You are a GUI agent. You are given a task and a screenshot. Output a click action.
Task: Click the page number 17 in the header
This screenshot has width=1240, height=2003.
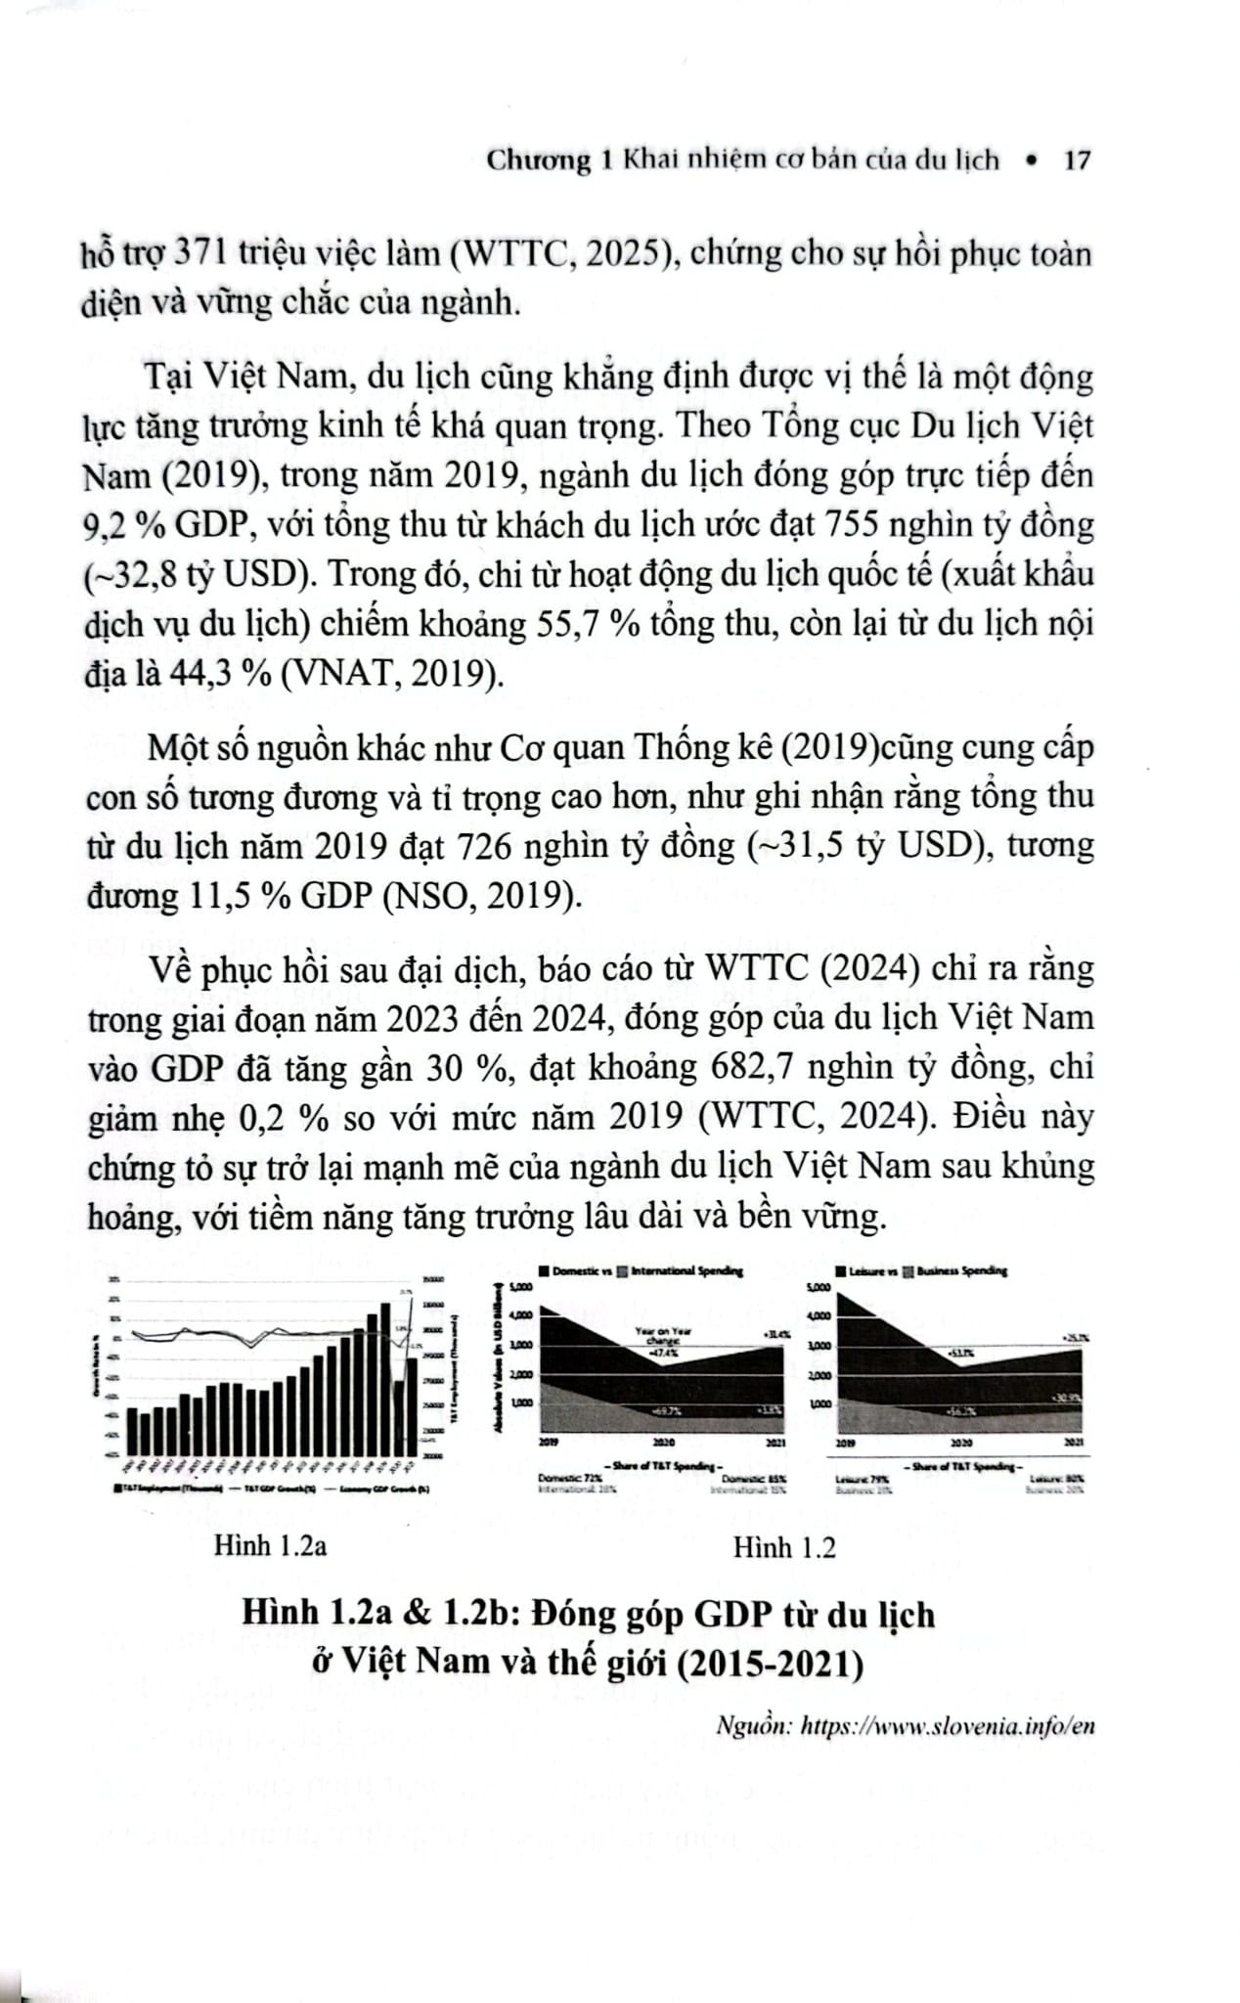point(1076,160)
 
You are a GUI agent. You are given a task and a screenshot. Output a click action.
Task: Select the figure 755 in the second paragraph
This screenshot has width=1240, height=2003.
point(860,525)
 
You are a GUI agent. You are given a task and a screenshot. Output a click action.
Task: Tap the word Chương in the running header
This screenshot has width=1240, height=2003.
point(539,160)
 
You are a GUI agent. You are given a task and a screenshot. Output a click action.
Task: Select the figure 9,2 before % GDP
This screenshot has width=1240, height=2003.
point(109,526)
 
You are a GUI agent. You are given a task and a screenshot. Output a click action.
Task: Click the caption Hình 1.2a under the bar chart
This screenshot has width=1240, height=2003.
point(270,1546)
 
